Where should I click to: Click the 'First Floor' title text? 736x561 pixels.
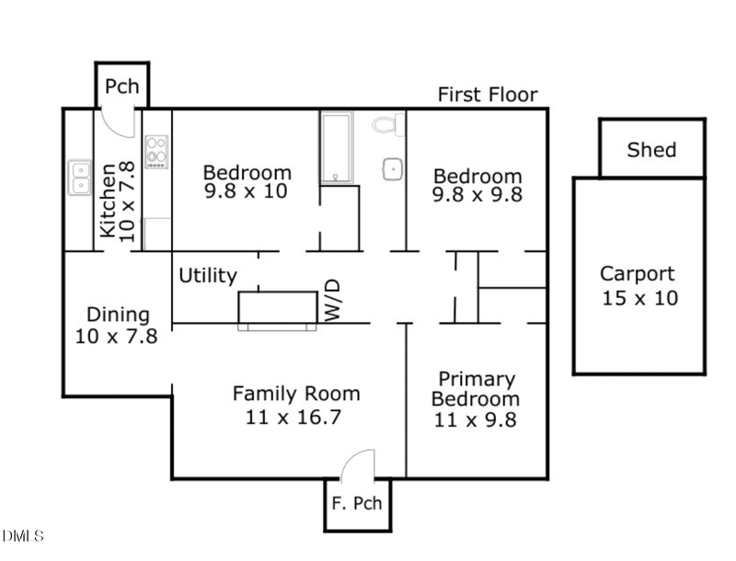[x=487, y=95]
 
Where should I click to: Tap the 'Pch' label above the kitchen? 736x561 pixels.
[x=121, y=86]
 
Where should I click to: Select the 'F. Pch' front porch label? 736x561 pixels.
[x=357, y=504]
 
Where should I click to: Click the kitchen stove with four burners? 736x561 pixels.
[x=156, y=152]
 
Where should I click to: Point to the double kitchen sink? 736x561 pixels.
[x=79, y=177]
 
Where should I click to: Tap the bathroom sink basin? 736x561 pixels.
[x=393, y=168]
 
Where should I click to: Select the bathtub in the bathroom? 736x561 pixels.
[x=336, y=148]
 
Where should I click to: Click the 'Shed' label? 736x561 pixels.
[x=651, y=150]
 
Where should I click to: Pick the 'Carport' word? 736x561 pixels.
[x=638, y=273]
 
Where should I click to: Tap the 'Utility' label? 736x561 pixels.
[x=208, y=275]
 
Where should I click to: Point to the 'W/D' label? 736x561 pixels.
[x=332, y=300]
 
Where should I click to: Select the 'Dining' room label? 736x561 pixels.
[x=117, y=315]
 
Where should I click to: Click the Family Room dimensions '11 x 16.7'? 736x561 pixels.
[x=295, y=417]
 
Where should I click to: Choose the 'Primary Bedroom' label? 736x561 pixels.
[x=475, y=389]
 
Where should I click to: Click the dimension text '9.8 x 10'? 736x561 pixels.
[x=246, y=192]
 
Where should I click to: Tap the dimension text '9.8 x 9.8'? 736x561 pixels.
[x=477, y=195]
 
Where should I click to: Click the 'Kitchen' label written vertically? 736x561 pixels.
[x=109, y=200]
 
